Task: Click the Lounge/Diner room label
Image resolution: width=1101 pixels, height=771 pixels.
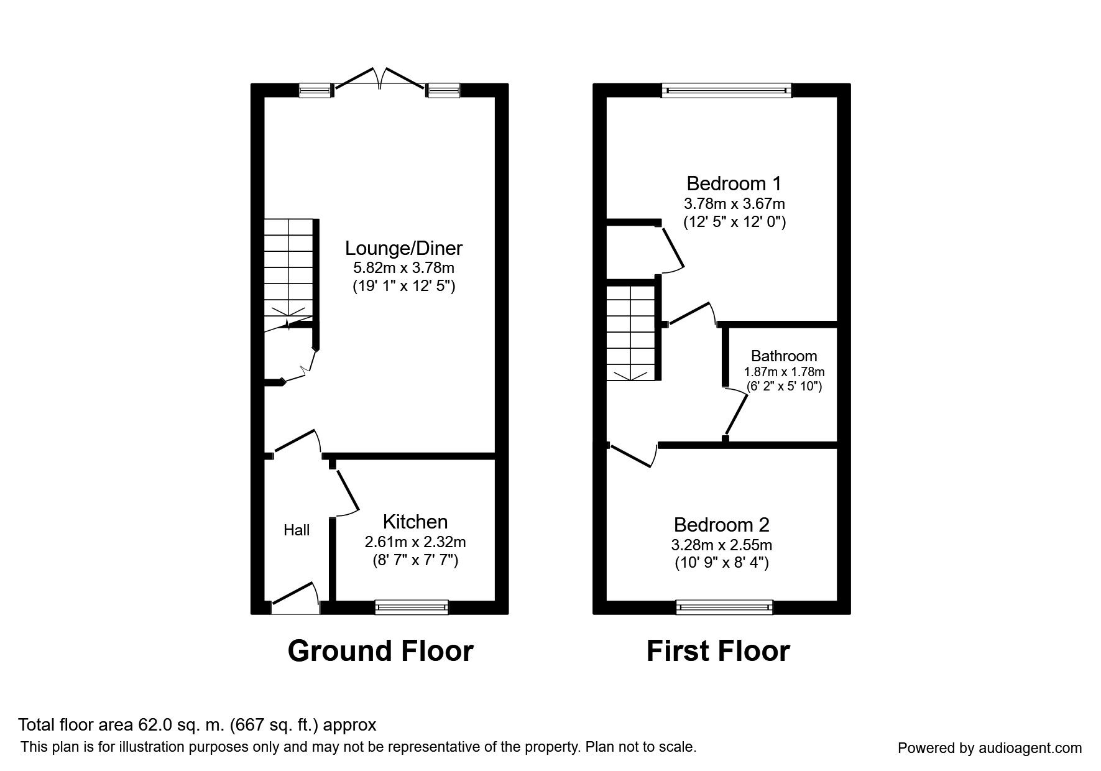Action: [x=403, y=248]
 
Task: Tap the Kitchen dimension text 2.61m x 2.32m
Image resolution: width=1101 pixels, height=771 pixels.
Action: [x=415, y=542]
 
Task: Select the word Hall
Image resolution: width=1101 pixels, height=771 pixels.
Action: [x=297, y=530]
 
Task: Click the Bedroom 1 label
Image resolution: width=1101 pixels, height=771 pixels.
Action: [x=734, y=183]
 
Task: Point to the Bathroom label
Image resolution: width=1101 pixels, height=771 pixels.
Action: [x=783, y=356]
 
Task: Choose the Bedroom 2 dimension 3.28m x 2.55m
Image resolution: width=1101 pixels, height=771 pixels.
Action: [x=722, y=545]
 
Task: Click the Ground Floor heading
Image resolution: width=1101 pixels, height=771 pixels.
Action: [x=380, y=651]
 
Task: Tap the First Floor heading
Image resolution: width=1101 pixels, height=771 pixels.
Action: [x=717, y=651]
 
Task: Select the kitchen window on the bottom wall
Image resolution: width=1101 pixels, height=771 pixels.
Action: [x=412, y=607]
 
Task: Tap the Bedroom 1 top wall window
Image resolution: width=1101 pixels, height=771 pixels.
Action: [x=727, y=91]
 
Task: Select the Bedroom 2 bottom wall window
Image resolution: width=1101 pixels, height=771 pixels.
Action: [x=724, y=607]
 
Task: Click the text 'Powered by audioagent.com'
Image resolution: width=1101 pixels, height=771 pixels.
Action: [x=990, y=748]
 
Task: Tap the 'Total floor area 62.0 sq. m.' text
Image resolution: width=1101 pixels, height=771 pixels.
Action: [x=197, y=725]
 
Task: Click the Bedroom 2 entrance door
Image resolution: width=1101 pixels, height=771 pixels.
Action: [x=632, y=455]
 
